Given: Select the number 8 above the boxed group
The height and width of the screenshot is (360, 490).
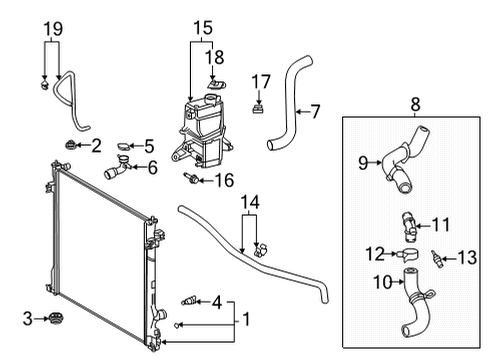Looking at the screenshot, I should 414,101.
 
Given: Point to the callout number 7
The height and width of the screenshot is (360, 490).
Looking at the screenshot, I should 315,111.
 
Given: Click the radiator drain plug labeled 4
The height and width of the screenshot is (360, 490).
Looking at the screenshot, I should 186,300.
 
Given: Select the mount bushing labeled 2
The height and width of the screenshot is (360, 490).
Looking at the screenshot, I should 70,148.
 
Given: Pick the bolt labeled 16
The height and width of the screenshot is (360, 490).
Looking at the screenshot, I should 190,181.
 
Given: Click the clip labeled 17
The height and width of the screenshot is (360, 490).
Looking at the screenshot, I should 259,109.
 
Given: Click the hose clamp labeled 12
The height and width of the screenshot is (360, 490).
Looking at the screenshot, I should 407,256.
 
